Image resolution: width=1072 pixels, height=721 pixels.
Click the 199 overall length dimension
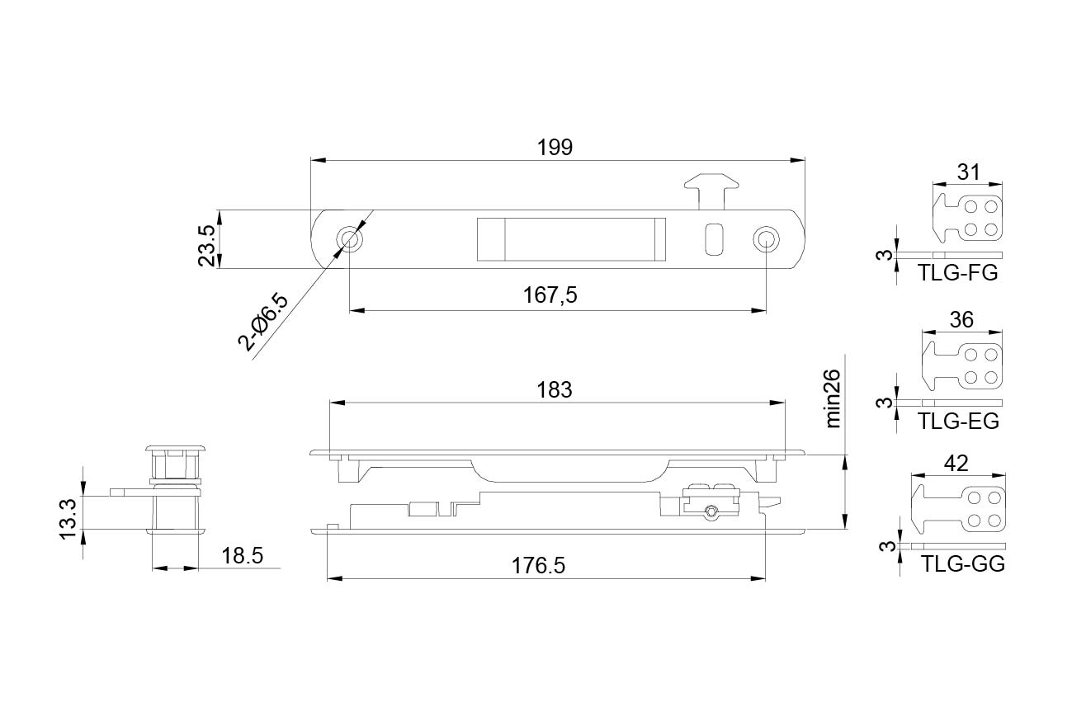(555, 148)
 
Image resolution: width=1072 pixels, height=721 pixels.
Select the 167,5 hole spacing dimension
(550, 295)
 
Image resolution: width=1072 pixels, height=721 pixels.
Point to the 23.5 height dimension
(207, 246)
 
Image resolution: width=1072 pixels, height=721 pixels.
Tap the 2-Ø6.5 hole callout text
(264, 323)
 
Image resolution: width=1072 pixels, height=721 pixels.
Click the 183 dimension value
(555, 390)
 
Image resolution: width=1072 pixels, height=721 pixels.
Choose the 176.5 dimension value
(538, 566)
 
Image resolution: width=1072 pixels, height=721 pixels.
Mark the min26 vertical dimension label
(834, 398)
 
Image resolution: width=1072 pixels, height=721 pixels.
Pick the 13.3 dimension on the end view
(68, 519)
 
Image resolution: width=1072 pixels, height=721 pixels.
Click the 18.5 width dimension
(242, 556)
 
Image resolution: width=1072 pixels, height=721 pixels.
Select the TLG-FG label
(957, 273)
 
